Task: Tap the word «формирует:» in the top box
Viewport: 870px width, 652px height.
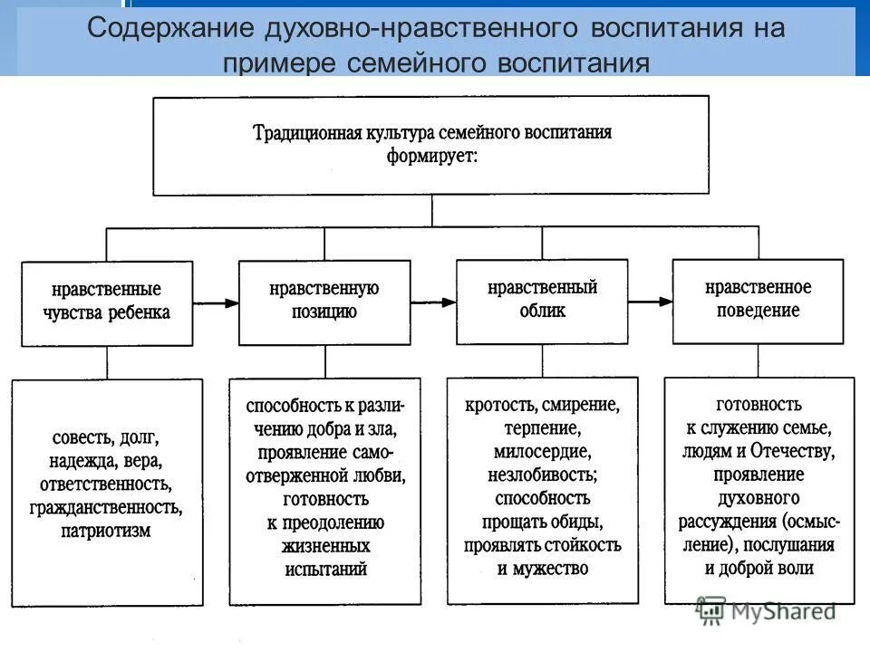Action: coord(432,155)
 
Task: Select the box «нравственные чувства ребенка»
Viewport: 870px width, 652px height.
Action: coord(107,302)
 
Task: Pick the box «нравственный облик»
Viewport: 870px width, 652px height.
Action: coord(542,300)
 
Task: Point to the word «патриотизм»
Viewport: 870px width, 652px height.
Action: coord(106,531)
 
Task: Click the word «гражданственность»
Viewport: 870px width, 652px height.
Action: coord(106,507)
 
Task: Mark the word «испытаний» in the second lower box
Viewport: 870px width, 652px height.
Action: coord(324,570)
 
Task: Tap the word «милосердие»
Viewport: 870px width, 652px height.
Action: coord(543,450)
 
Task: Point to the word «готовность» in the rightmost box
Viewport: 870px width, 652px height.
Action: coord(758,402)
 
